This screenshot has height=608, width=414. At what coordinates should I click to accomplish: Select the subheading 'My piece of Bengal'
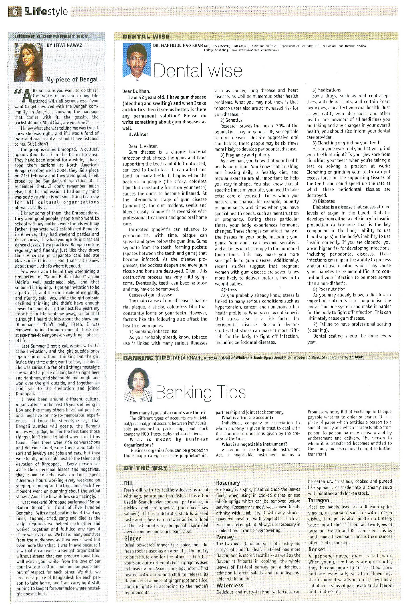tap(72, 80)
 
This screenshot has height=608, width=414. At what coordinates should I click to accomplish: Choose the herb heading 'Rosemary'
tap(228, 483)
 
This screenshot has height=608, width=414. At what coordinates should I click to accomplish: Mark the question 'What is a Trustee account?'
tap(247, 418)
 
